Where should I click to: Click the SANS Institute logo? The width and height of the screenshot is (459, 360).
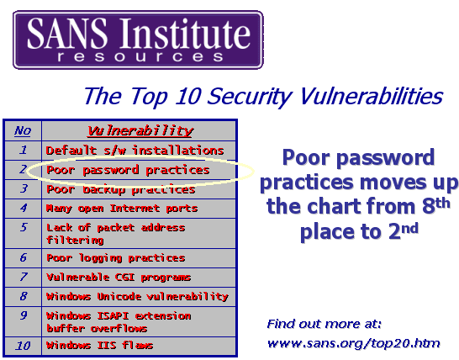point(138,40)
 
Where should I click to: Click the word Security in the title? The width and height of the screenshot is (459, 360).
point(250,97)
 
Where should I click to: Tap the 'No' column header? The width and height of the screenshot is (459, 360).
point(23,130)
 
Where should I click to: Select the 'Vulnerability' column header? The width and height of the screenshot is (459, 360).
point(140,131)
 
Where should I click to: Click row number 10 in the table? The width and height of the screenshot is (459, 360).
point(23,346)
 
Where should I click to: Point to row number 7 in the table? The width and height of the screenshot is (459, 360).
point(24,277)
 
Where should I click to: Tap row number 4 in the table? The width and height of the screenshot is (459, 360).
point(24,208)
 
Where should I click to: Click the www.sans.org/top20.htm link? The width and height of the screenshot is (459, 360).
point(354,343)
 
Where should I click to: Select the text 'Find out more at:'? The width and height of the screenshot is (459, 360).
point(324,324)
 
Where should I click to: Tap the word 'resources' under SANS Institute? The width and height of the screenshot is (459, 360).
point(140,56)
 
